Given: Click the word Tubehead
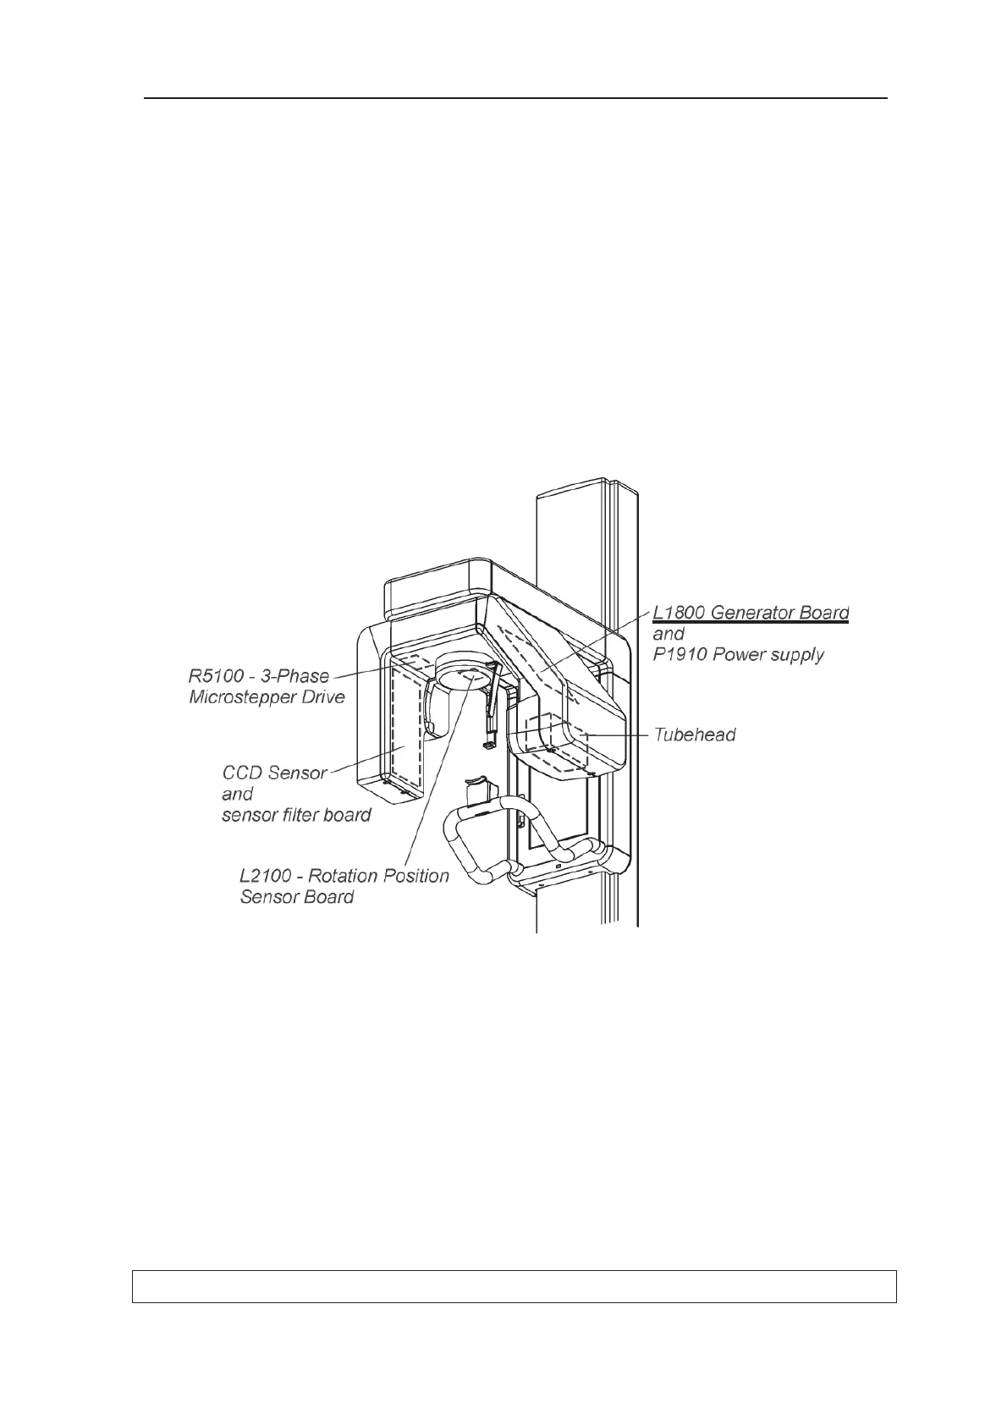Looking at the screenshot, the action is coord(694,735).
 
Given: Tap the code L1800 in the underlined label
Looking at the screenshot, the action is coord(679,613).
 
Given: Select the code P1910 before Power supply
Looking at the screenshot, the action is coord(679,654).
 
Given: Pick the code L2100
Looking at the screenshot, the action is coord(267,876).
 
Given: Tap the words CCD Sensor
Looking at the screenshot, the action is coord(274,773).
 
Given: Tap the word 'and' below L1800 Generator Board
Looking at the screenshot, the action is coord(669,634).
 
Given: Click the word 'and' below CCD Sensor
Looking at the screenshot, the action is coord(237,794).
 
